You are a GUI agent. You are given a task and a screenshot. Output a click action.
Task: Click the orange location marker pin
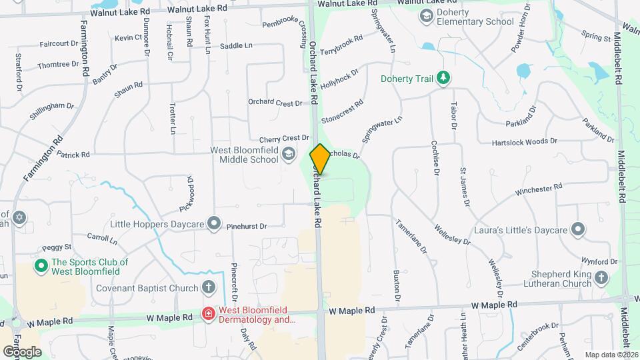coord(320,159)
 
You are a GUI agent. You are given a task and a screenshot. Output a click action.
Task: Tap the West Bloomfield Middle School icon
coord(289,155)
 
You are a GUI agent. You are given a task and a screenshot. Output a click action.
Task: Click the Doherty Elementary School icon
coord(425,15)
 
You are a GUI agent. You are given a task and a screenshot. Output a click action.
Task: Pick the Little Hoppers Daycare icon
coord(213,223)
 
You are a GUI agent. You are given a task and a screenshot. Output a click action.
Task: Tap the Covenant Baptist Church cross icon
coord(209,288)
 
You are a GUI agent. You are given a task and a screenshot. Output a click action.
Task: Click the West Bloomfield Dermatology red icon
coord(209,314)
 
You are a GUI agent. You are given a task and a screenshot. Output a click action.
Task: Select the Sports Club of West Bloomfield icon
coord(41,266)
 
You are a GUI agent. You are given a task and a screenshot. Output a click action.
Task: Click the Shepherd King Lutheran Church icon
coord(601,278)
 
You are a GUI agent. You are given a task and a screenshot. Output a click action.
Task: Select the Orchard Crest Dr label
coord(275,103)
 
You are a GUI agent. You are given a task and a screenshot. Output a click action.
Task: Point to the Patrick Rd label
coord(73,155)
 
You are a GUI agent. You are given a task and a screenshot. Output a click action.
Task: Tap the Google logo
coord(22,351)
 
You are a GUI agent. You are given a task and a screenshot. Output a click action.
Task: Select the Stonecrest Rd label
coord(342,112)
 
